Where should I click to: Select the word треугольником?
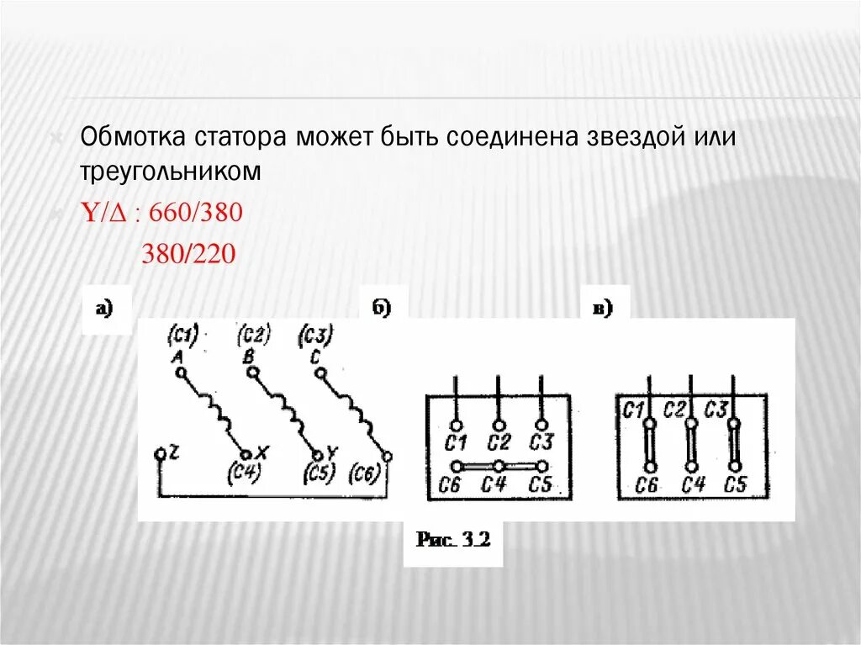tap(172, 170)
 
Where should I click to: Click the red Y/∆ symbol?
tap(106, 213)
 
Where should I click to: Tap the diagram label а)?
tap(105, 309)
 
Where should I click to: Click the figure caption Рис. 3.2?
tap(452, 541)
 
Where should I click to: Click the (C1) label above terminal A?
tap(183, 336)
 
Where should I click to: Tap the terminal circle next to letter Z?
tap(160, 454)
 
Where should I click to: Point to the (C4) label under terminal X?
tap(245, 473)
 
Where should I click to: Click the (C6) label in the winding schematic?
tap(365, 473)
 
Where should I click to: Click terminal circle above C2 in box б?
tap(499, 425)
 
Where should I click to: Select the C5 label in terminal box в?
tap(735, 485)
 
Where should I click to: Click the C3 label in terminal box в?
tap(716, 410)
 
